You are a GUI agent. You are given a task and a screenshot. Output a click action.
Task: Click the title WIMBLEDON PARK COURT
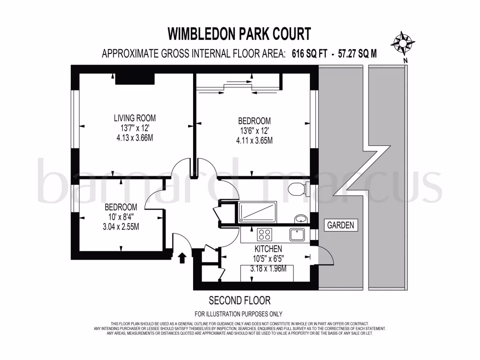(240, 34)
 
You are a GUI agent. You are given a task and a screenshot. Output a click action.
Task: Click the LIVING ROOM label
(135, 118)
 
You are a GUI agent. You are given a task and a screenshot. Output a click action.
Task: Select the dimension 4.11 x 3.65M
(255, 140)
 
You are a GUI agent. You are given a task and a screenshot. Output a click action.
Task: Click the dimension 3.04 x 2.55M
(121, 226)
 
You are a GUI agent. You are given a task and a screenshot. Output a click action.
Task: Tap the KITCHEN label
(268, 248)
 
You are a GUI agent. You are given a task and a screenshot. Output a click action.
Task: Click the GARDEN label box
(341, 225)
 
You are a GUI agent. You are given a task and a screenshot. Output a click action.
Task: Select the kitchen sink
(297, 234)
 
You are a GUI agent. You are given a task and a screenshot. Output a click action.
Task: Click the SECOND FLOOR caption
(240, 300)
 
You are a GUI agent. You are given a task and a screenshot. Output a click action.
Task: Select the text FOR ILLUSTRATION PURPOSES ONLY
(239, 314)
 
